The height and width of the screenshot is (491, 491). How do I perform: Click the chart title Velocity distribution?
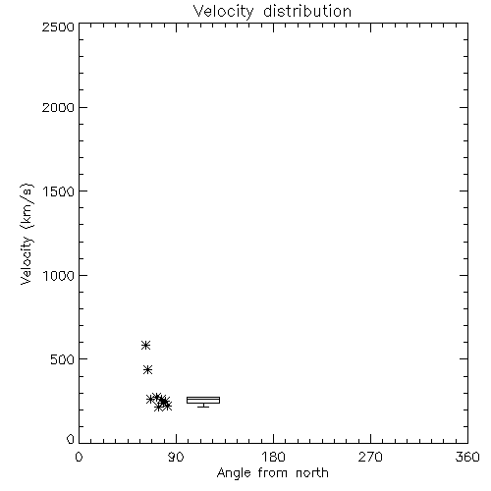click(x=272, y=12)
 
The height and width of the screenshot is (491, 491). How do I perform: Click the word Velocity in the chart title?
click(x=223, y=12)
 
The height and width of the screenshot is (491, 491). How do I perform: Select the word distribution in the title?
click(x=307, y=11)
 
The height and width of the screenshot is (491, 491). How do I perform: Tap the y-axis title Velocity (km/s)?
click(x=27, y=234)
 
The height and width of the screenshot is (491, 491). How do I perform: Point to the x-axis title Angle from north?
click(x=272, y=473)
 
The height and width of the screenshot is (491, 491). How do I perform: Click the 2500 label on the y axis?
click(x=58, y=27)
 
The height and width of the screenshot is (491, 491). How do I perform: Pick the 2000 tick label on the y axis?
click(x=58, y=107)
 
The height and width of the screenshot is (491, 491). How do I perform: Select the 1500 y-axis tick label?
click(x=59, y=191)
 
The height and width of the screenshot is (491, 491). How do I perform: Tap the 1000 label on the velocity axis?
click(x=59, y=276)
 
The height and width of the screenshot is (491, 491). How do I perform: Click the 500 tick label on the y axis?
click(x=63, y=359)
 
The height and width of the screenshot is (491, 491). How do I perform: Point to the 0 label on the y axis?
click(x=71, y=439)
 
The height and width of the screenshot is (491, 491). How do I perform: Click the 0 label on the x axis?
click(x=79, y=457)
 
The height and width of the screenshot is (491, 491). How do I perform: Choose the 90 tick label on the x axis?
click(x=176, y=457)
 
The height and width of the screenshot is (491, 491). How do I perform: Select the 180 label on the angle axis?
click(x=273, y=457)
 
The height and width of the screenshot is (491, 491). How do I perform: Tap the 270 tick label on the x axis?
click(x=370, y=457)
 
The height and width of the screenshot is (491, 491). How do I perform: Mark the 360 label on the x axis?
click(x=467, y=457)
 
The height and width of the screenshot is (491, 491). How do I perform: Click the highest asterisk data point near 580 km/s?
click(x=145, y=345)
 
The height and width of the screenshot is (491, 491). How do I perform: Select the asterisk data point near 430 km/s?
click(x=147, y=370)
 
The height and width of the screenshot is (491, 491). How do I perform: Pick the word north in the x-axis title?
click(x=312, y=473)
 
